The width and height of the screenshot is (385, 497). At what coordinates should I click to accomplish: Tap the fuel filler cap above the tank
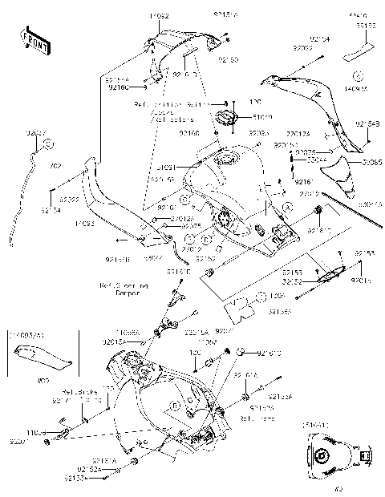[x=225, y=119]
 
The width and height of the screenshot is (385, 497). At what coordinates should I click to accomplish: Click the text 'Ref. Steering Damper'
[x=120, y=288]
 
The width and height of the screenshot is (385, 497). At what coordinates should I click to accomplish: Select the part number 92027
[x=36, y=130]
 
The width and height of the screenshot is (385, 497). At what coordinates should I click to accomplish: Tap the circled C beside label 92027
[x=47, y=143]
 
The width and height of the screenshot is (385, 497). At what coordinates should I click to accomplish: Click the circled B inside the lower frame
[x=173, y=408]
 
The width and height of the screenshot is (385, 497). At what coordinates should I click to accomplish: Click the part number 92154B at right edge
[x=367, y=123]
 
